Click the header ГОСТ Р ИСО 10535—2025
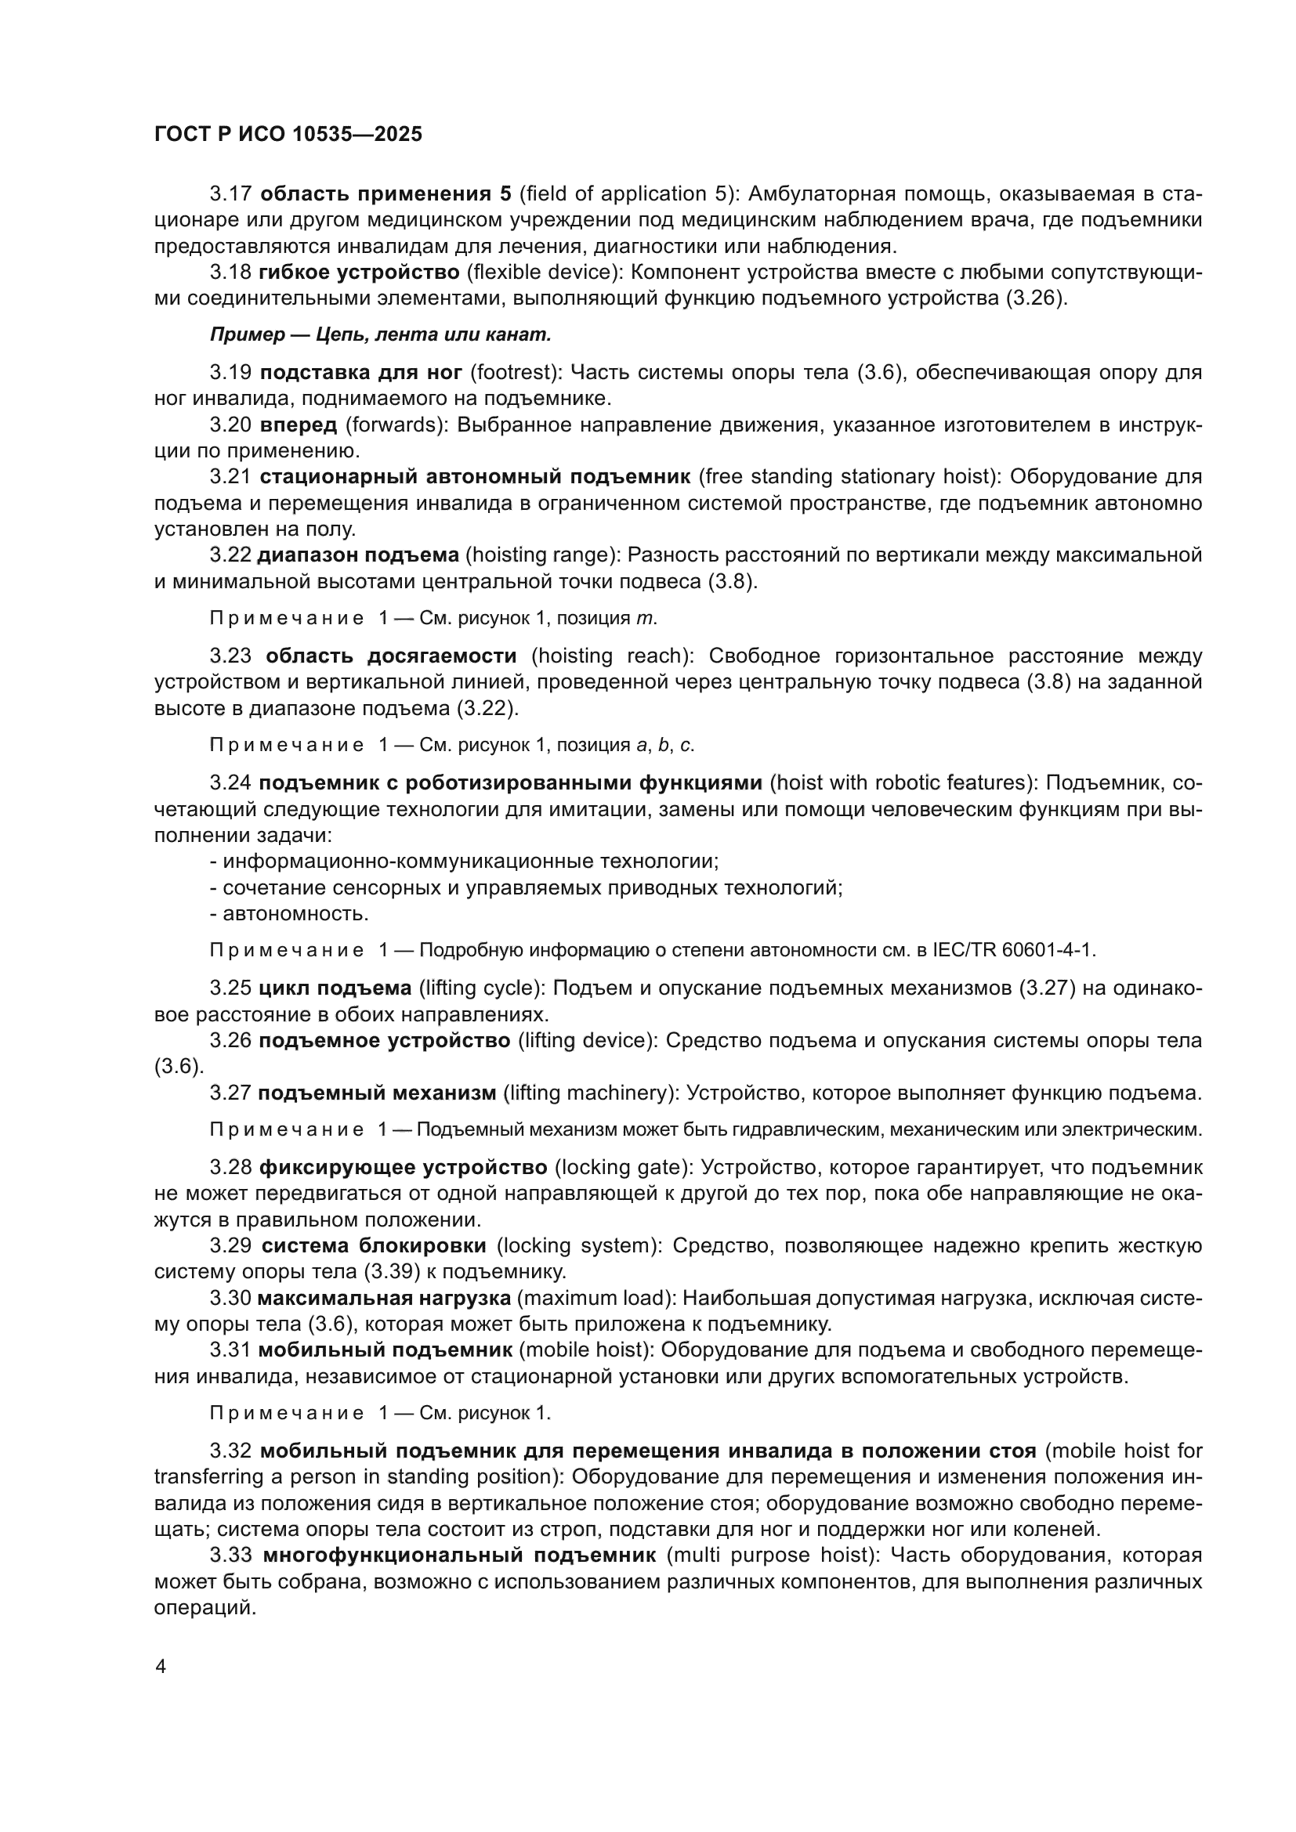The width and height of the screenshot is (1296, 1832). (288, 135)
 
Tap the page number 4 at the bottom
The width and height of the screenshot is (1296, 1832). (161, 1667)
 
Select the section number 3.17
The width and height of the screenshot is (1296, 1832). (230, 194)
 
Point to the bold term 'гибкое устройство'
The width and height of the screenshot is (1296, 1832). (359, 272)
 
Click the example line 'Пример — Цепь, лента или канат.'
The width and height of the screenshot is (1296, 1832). (381, 335)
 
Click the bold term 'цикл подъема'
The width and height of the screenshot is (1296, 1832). (335, 988)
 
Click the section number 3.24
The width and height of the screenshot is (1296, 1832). (230, 782)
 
